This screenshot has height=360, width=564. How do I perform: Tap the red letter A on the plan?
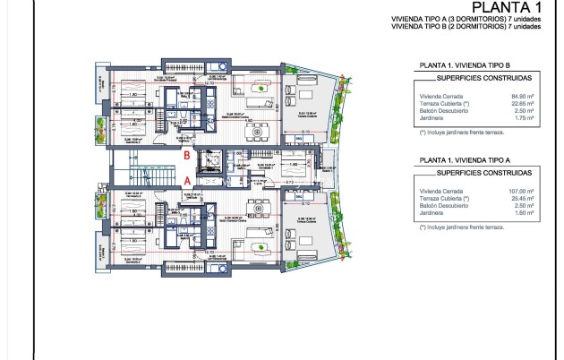(186, 179)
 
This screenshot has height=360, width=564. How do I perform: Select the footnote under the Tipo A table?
(461, 227)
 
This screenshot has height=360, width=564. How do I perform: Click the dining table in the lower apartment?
(262, 207)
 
